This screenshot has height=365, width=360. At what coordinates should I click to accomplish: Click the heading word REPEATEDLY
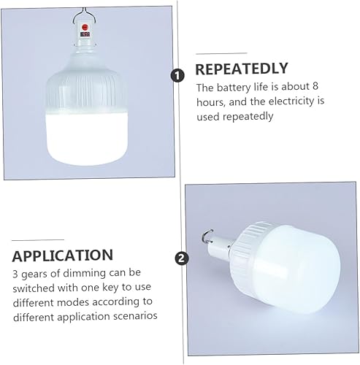[x=242, y=69]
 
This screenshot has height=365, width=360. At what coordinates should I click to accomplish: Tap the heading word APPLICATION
[x=63, y=255]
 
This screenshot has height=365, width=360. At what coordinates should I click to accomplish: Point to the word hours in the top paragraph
[x=212, y=101]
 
